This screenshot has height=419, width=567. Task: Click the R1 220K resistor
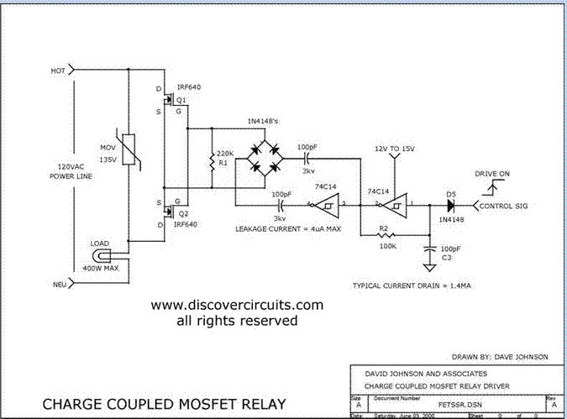click(211, 160)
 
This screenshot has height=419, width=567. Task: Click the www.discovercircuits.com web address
click(236, 305)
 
